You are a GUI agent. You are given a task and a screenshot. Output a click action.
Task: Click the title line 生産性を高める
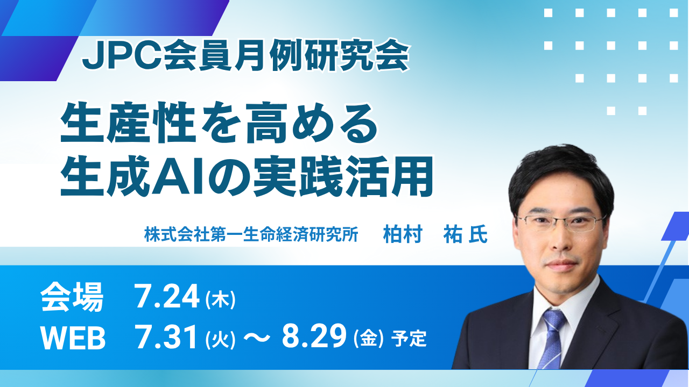pos(219,124)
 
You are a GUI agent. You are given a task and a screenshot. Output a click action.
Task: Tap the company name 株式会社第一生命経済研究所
pos(251,235)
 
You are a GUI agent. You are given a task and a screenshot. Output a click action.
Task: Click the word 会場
pos(72,297)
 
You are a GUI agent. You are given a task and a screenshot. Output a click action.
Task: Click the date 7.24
pos(166,296)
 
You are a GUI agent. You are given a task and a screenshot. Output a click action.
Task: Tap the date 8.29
pos(314,336)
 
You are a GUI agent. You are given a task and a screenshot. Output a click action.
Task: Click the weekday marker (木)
pos(220,299)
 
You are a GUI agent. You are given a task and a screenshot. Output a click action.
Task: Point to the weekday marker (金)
pos(369,339)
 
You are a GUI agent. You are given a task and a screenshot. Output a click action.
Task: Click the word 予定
pos(409,339)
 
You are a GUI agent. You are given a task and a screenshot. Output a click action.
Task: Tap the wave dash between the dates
pos(257,338)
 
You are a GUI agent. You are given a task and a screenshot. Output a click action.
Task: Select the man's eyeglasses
pos(560,223)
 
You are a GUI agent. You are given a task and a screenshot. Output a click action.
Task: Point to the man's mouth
pos(560,265)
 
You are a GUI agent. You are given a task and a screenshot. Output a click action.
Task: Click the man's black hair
pos(560,172)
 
